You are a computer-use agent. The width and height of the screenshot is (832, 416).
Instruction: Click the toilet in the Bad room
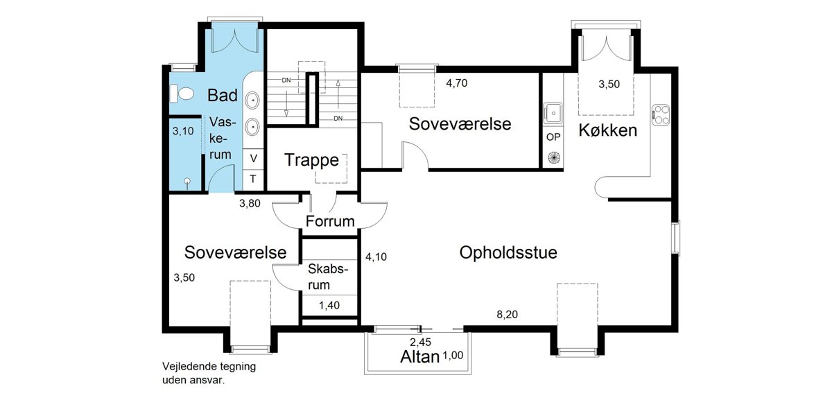coord(182,93)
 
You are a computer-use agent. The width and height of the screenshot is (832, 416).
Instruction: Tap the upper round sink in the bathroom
coord(253,101)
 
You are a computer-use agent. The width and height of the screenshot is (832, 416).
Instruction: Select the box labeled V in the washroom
coord(253,159)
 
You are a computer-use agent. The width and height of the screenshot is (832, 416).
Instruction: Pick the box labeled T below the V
coord(253,180)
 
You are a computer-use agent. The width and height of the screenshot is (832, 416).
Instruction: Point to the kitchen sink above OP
coord(553,113)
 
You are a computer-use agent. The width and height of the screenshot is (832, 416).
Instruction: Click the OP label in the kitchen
coord(553,137)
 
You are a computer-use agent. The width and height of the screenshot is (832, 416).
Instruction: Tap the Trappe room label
coord(311,160)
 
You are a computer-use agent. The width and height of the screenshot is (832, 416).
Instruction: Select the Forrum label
coord(330,221)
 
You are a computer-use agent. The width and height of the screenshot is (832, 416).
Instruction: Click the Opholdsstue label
coord(508,252)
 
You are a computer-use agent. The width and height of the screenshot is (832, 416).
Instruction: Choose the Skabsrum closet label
coord(327,277)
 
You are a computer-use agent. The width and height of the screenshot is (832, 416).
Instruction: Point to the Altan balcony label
coord(419,357)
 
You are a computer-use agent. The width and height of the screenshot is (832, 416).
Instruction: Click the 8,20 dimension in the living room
coord(507,315)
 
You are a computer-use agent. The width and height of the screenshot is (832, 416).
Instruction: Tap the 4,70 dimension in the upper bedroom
coord(456,83)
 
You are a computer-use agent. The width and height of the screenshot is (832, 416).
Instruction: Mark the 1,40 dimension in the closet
coord(329,305)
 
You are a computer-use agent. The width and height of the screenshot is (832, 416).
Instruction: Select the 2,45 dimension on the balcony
coord(420,342)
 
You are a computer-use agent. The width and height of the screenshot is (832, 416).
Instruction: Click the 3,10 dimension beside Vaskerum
coord(183,131)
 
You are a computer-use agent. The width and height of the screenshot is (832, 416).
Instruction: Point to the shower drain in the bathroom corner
coord(187,181)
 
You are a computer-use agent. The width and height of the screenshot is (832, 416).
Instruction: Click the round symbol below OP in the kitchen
coord(553,157)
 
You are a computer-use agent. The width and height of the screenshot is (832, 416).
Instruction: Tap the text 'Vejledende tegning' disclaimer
coord(209,367)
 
